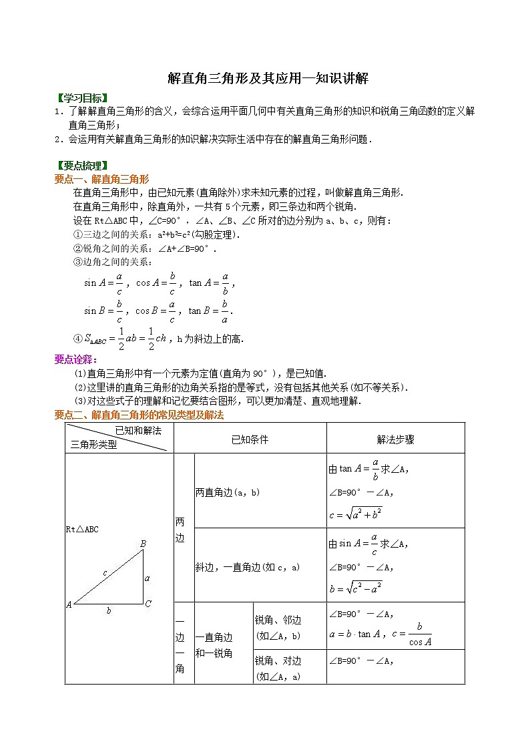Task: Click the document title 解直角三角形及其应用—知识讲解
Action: [268, 79]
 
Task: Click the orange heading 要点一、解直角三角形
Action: [101, 179]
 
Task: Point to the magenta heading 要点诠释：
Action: [76, 359]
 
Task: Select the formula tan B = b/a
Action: [210, 311]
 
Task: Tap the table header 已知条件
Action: [250, 439]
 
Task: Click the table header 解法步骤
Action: [395, 439]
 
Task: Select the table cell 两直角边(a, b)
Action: [228, 492]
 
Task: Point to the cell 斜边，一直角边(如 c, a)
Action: [248, 566]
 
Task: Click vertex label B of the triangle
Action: [143, 544]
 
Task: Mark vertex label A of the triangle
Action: [69, 605]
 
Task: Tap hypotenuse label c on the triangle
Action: [104, 573]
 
